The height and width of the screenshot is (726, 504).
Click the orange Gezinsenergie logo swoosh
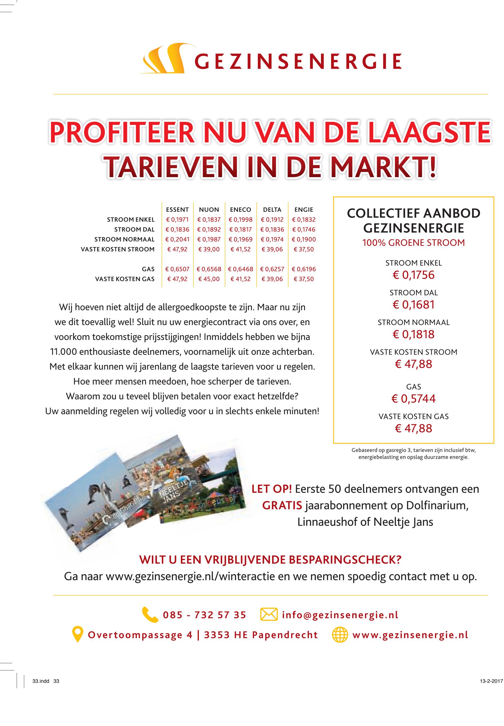[162, 59]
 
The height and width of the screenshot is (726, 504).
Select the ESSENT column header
[177, 210]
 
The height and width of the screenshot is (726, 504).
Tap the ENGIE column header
[303, 210]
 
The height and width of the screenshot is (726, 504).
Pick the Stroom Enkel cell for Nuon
[209, 220]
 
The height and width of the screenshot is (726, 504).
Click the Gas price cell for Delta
[272, 269]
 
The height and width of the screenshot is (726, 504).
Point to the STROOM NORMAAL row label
[124, 239]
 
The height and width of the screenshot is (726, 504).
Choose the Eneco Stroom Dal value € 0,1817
[241, 229]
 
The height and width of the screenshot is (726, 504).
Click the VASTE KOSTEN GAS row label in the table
[125, 279]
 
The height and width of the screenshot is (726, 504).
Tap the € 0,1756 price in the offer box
[413, 275]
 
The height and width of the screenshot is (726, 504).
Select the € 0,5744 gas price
[413, 399]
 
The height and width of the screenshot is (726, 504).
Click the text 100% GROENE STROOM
[413, 243]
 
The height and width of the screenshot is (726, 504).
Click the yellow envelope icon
[269, 614]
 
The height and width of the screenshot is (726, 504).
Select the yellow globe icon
[340, 635]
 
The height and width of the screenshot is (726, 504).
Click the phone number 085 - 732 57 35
[204, 615]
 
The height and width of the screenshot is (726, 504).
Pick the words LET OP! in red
[271, 489]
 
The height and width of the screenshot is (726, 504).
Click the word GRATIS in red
[282, 505]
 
